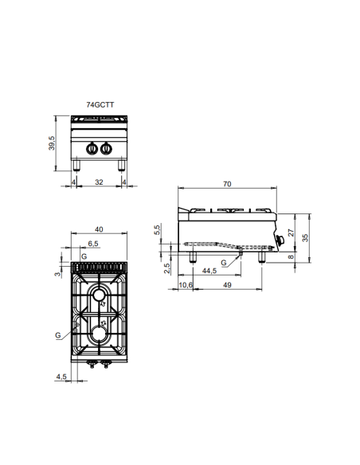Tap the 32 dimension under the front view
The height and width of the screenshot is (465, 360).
pos(99,182)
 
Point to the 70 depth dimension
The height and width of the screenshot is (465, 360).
pos(227,185)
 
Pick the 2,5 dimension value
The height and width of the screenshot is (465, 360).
pos(166,268)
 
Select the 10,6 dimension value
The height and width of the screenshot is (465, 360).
pos(186,284)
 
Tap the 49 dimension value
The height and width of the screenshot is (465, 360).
pos(226,284)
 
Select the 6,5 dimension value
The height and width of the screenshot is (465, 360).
pos(92,244)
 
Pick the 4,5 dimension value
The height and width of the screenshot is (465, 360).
pos(61,376)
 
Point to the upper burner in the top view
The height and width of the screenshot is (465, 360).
pos(99,296)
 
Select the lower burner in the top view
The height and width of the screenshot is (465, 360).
pos(99,332)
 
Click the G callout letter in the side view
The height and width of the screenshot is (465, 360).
pos(224,262)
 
